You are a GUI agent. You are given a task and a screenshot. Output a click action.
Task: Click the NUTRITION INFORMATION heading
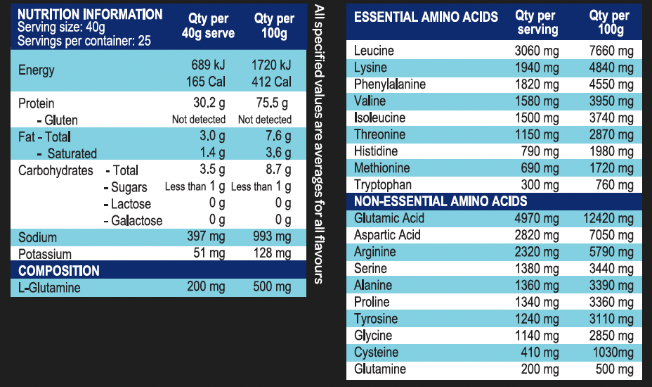pyautogui.click(x=89, y=15)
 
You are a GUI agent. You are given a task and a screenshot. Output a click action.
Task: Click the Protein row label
pyautogui.click(x=36, y=103)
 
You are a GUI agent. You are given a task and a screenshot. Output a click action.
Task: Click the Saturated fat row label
pyautogui.click(x=72, y=153)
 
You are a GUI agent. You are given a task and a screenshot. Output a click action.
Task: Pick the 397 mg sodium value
pyautogui.click(x=207, y=237)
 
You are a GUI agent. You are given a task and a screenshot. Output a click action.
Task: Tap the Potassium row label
pyautogui.click(x=45, y=254)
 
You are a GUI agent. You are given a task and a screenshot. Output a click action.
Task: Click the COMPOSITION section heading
pyautogui.click(x=59, y=271)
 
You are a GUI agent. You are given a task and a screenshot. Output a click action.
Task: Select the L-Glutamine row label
pyautogui.click(x=49, y=288)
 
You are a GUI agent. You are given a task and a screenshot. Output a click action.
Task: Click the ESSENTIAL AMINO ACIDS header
pyautogui.click(x=426, y=18)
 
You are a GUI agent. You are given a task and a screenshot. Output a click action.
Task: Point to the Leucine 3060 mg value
pyautogui.click(x=537, y=51)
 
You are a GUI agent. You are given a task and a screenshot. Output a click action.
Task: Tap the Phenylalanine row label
pyautogui.click(x=390, y=84)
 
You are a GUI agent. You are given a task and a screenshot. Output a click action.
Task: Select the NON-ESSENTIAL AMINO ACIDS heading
pyautogui.click(x=440, y=201)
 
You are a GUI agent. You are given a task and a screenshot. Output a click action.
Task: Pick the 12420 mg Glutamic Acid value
pyautogui.click(x=608, y=218)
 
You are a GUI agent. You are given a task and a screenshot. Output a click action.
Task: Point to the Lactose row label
pyautogui.click(x=131, y=204)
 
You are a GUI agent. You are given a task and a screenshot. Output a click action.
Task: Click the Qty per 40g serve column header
pyautogui.click(x=208, y=25)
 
